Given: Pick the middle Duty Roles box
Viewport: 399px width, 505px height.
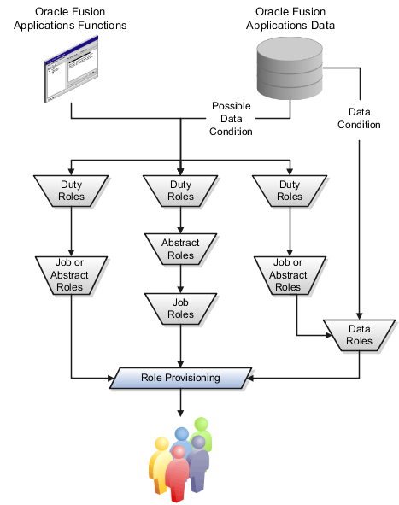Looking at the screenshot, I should tap(180, 190).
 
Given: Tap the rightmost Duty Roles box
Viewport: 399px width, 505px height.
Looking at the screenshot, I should tap(290, 190).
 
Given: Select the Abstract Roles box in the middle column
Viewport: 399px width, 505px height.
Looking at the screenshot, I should tap(180, 249).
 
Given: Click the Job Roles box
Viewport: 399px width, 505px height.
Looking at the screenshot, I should tap(180, 308).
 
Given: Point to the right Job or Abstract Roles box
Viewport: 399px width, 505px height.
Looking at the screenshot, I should tap(289, 273).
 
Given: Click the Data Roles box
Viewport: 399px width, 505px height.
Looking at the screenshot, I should tap(360, 335).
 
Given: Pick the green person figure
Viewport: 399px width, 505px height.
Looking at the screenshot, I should tap(202, 432).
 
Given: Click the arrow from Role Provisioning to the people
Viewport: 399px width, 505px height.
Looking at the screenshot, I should tap(180, 406).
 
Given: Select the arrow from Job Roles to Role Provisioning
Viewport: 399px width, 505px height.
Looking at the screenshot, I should tap(180, 346).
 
